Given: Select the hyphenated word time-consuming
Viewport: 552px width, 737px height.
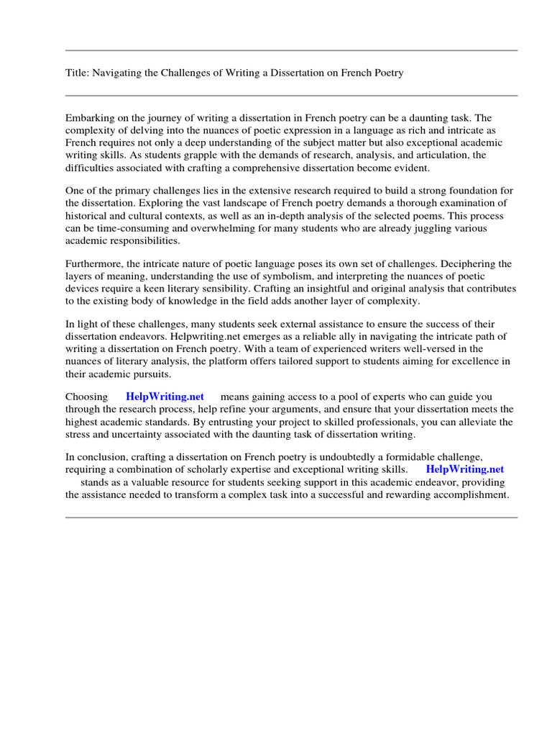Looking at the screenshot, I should click(x=115, y=228).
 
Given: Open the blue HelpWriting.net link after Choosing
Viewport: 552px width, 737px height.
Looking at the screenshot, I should click(x=165, y=397).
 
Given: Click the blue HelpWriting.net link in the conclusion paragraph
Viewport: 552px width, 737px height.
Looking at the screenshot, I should click(x=465, y=469).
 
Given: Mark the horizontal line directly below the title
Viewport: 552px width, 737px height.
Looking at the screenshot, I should click(x=291, y=95).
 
